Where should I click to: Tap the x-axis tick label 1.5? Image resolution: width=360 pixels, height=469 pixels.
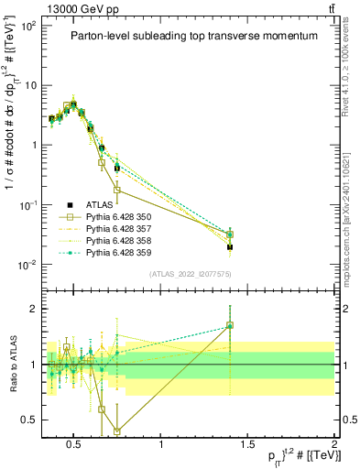coord(248,446)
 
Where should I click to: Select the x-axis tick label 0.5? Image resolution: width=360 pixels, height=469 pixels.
coord(75,446)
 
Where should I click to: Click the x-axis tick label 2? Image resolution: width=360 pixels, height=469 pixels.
coord(333,446)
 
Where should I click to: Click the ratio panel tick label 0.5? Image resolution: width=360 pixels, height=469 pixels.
coord(29,420)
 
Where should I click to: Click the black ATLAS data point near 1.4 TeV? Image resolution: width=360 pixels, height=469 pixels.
coord(230,246)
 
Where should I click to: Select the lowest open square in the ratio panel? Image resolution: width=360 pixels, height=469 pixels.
coord(117,431)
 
